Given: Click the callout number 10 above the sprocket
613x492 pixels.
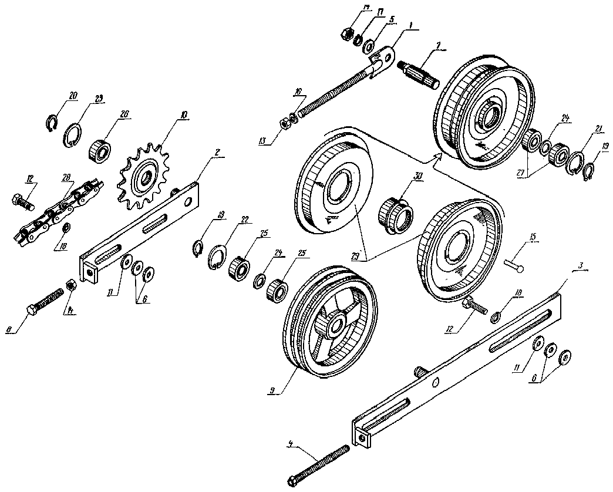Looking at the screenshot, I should [x=184, y=116].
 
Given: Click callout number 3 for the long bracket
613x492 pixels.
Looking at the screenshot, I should [x=580, y=267].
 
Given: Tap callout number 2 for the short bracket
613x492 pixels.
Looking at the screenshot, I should [x=217, y=152].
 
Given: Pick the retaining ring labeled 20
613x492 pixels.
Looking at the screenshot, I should [x=52, y=122].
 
